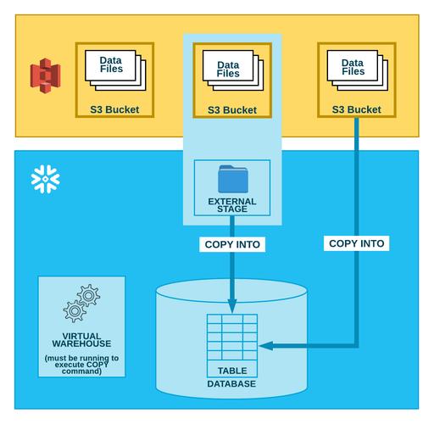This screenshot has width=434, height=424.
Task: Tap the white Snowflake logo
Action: (45, 178)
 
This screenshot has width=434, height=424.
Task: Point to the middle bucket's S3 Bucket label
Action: (232, 110)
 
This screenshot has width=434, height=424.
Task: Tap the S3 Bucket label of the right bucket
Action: (356, 109)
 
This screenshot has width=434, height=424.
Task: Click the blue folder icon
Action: (232, 179)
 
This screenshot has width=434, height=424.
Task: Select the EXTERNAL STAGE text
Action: (232, 206)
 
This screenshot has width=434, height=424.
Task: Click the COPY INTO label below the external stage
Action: (232, 244)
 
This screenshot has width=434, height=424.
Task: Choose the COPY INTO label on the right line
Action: (356, 243)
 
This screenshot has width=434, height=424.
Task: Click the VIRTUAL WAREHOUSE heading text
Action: (81, 341)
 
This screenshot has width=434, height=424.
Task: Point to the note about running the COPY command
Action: (81, 365)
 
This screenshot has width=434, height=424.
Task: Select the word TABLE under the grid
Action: (232, 371)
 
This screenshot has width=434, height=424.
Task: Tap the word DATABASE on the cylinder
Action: (231, 383)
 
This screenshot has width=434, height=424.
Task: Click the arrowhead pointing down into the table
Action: (232, 305)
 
